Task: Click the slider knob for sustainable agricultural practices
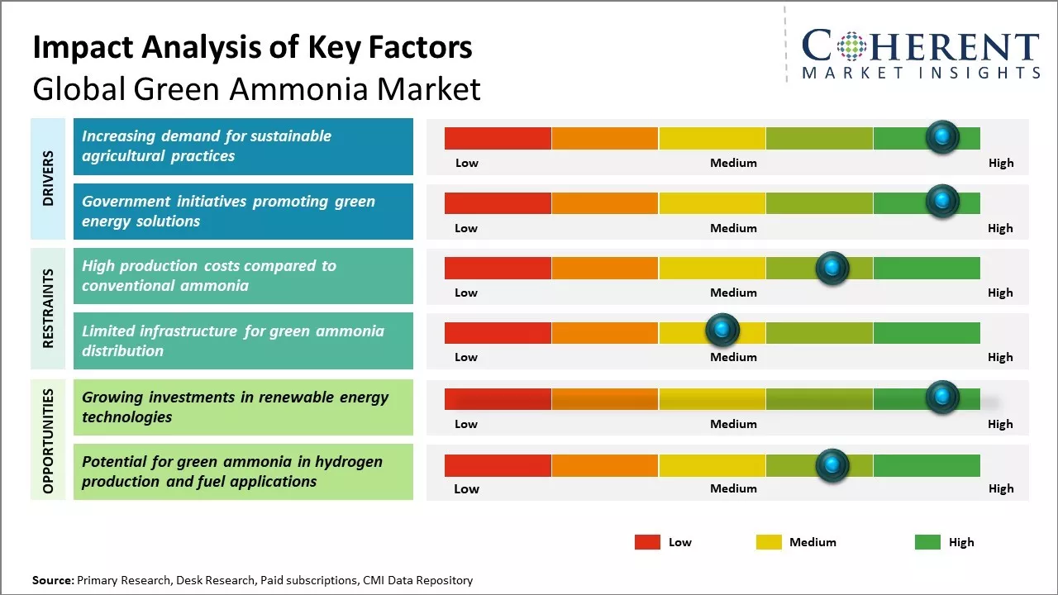click(941, 136)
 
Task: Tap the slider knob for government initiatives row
click(941, 201)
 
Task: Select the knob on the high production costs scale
click(832, 268)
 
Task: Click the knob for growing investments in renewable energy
click(941, 397)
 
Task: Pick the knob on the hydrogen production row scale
click(832, 465)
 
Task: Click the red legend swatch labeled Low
click(647, 542)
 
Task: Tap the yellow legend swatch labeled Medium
click(769, 542)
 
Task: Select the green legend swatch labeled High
click(927, 542)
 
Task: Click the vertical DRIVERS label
click(48, 178)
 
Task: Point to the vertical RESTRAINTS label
click(48, 308)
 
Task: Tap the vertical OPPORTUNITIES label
click(48, 440)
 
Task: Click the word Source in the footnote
click(53, 581)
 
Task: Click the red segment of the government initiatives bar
click(498, 202)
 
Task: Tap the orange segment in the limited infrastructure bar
click(604, 332)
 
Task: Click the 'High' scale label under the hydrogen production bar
click(1000, 488)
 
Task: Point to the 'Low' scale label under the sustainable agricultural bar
click(467, 163)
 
